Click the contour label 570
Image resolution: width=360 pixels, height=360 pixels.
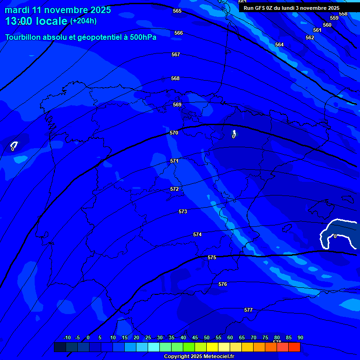174,133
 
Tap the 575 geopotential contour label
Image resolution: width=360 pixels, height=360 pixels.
212,257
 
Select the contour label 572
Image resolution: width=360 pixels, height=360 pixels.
174,189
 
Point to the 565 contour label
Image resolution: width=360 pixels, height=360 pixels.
177,11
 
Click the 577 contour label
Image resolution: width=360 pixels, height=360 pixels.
248,310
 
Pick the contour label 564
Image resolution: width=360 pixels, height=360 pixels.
279,45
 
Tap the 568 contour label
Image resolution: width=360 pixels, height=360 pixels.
175,78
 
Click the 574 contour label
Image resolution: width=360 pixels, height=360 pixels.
197,234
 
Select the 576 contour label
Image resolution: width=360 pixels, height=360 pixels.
223,284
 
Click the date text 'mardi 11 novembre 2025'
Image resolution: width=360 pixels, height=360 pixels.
58,10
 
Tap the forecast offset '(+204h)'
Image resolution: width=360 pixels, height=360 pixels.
83,21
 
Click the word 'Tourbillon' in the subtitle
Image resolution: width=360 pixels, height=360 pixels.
24,37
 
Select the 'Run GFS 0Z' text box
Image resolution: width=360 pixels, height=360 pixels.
292,8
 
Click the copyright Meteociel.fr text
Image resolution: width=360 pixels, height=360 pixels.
199,357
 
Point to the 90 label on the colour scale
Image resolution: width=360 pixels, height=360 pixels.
300,337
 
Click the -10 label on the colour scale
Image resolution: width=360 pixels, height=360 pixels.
67,337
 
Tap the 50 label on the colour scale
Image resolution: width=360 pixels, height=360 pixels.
207,337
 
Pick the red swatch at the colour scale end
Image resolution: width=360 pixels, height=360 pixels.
294,347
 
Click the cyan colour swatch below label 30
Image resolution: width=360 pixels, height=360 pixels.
154,347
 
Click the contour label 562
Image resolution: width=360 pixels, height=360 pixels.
310,37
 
